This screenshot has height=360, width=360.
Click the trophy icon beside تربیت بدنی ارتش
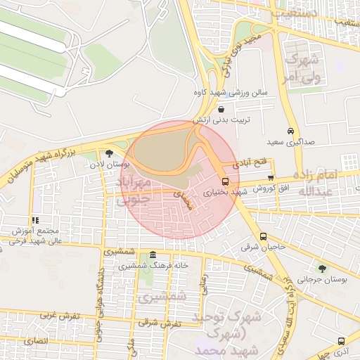click(x=221, y=110)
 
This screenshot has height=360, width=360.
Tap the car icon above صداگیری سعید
click(x=291, y=131)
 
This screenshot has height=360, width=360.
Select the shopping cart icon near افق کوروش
click(x=271, y=178)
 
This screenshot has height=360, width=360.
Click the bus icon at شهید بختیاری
click(x=225, y=181)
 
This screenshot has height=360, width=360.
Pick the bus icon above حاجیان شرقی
click(x=263, y=236)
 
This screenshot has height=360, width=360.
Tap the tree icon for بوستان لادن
click(x=109, y=153)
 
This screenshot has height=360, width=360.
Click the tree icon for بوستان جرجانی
click(x=322, y=269)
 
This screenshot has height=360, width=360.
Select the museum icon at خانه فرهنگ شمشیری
click(x=153, y=255)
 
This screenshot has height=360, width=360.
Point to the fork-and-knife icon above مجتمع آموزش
click(x=35, y=220)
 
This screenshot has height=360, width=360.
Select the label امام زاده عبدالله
click(x=317, y=183)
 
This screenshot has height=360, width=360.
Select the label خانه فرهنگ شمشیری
click(x=154, y=266)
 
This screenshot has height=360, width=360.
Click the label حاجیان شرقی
click(x=263, y=247)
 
